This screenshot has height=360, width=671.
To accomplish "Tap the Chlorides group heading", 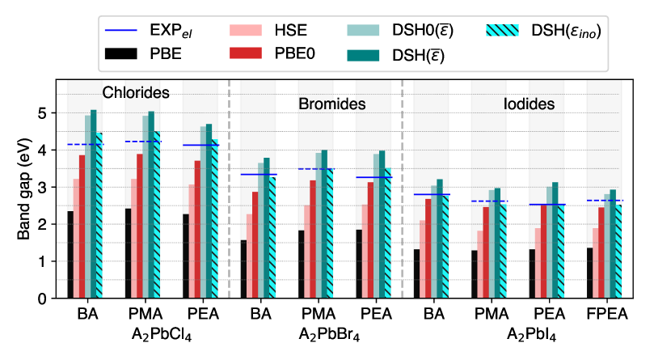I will pyautogui.click(x=135, y=93).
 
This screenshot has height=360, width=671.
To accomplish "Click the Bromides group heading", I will pyautogui.click(x=331, y=104).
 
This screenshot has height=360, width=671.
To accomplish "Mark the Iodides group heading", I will pyautogui.click(x=529, y=104).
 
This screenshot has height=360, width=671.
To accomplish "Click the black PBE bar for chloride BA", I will pyautogui.click(x=70, y=255).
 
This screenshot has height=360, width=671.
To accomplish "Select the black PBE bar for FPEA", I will pyautogui.click(x=589, y=273).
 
